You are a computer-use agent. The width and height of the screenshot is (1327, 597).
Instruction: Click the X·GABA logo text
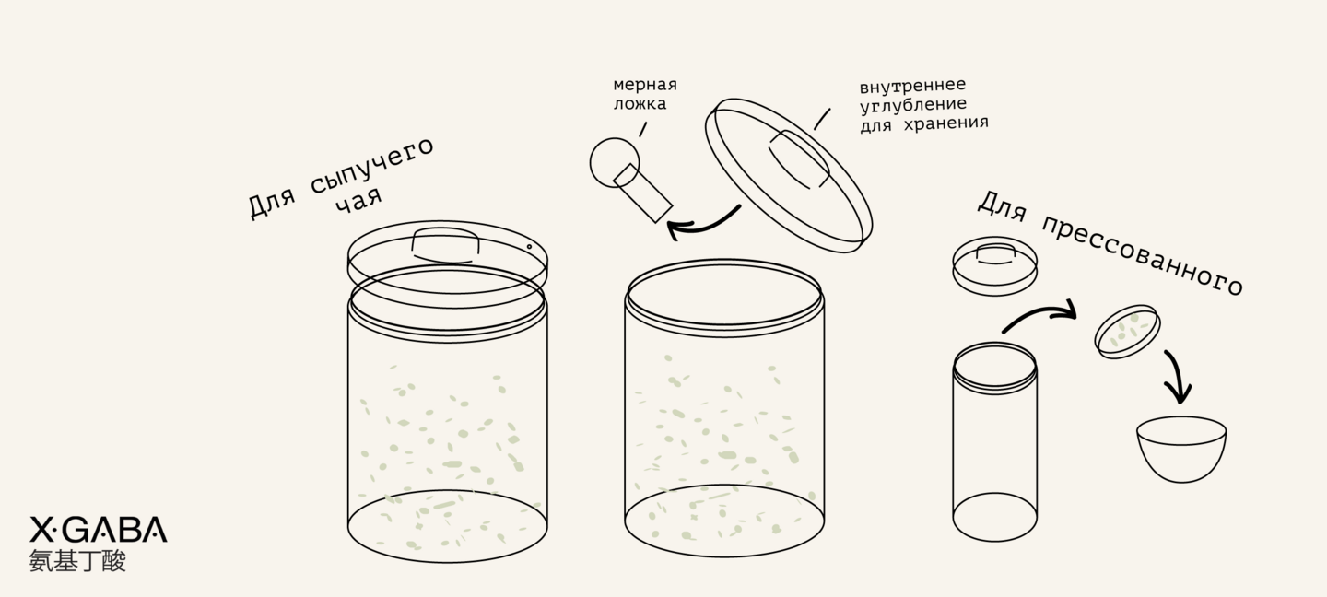click(99, 530)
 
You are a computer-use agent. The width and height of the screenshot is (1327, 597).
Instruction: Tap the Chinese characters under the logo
click(77, 561)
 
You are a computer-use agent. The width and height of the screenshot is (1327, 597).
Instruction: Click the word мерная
click(645, 85)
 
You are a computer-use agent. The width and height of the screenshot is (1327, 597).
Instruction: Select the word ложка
click(640, 103)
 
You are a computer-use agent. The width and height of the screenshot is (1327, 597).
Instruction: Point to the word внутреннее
click(913, 86)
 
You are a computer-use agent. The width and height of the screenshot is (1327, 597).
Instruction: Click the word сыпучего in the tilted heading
click(372, 167)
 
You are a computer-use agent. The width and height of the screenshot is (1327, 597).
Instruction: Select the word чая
click(359, 201)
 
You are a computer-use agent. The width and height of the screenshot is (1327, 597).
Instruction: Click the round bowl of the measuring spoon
click(615, 162)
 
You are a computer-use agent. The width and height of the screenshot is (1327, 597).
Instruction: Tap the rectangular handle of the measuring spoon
click(643, 193)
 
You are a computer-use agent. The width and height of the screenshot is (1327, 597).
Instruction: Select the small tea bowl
click(1181, 449)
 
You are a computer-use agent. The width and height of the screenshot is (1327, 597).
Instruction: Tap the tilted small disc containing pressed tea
click(1127, 332)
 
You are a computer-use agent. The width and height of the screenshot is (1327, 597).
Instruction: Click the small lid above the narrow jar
click(994, 266)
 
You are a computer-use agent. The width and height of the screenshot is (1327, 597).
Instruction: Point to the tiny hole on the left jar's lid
click(529, 247)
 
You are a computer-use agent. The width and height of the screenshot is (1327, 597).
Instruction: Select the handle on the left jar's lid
click(445, 245)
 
